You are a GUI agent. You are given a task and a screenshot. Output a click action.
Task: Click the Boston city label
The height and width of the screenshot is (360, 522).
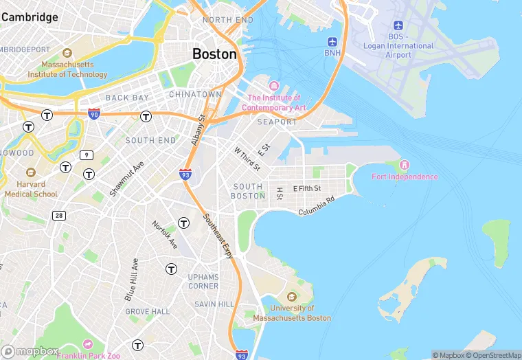(x=214, y=54)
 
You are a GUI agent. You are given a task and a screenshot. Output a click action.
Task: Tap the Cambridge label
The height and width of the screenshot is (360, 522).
(x=30, y=17)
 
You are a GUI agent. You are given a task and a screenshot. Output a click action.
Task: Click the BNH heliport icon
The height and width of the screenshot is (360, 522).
(x=332, y=41)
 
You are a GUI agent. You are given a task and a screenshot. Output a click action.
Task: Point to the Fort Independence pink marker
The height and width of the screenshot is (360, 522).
(x=404, y=165)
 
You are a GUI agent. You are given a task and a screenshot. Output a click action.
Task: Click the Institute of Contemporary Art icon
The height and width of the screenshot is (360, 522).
(x=274, y=86)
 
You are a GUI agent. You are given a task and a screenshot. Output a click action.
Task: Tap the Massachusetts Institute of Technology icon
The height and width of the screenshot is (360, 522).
(x=67, y=54)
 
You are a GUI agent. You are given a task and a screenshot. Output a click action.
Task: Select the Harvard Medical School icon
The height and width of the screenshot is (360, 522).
(x=30, y=172)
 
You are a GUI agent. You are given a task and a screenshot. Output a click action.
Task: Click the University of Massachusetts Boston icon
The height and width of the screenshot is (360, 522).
(x=292, y=297)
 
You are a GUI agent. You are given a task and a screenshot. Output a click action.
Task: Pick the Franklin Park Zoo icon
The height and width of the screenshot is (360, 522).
(x=87, y=344)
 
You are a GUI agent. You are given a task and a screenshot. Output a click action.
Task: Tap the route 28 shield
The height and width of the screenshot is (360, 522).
(x=60, y=216)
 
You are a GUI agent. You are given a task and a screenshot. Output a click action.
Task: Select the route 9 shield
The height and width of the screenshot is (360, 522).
(x=86, y=155)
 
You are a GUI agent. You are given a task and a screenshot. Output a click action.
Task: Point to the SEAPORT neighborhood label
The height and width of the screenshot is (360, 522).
(x=277, y=122)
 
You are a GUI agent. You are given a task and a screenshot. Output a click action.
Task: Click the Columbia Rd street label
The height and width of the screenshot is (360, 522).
(x=316, y=205)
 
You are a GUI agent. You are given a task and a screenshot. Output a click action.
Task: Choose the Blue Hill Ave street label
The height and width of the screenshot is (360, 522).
(x=130, y=279)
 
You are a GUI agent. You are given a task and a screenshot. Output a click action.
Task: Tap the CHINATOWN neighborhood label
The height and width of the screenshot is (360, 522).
(x=195, y=93)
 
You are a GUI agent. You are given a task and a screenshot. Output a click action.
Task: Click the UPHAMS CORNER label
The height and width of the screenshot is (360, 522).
(x=203, y=281)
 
